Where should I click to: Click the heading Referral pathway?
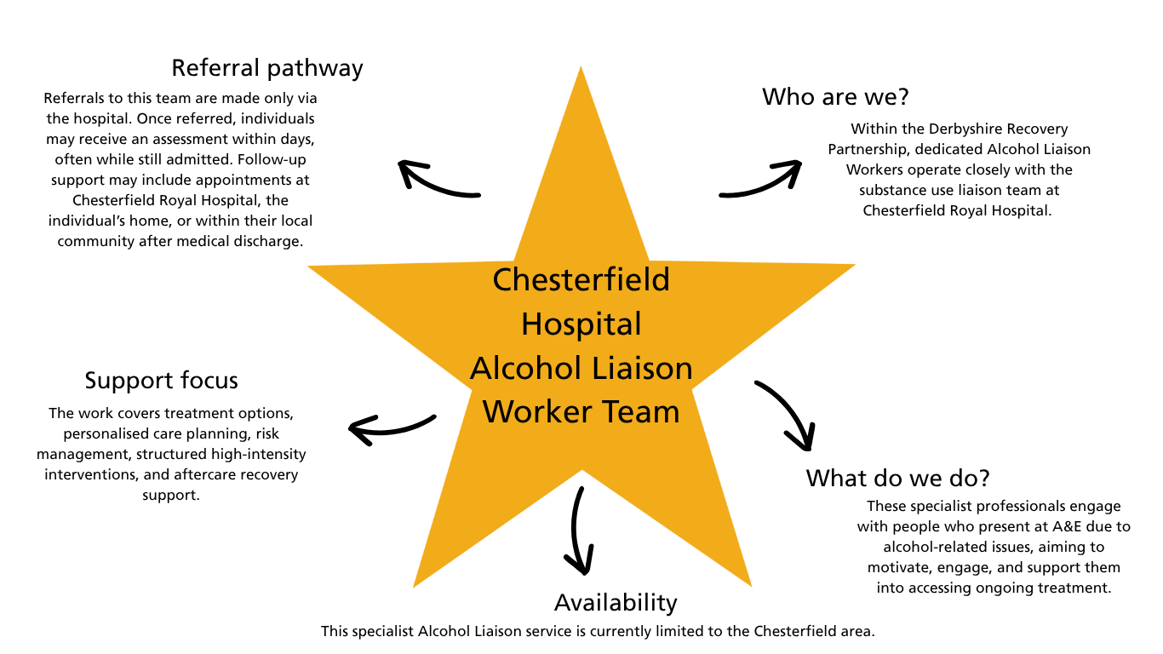[x=267, y=68]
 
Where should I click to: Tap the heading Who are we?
[x=836, y=97]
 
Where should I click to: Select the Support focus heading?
[x=161, y=380]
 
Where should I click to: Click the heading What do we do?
[x=898, y=478]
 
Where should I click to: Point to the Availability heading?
[x=616, y=603]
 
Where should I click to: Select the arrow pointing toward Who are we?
[x=761, y=180]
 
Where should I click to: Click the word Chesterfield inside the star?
[x=581, y=279]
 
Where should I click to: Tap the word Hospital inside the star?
[x=581, y=324]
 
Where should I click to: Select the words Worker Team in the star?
[x=581, y=412]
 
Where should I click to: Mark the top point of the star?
[x=581, y=69]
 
